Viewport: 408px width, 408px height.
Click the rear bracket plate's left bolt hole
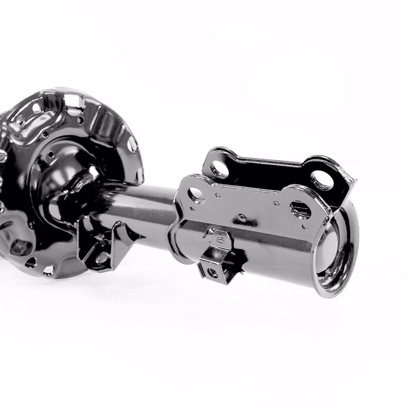tap(220, 170)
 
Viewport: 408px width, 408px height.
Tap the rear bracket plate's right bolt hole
tap(322, 180)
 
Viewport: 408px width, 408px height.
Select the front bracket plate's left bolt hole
tap(196, 195)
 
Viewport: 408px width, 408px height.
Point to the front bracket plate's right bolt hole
tap(301, 210)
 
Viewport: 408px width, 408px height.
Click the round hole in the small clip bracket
tap(212, 272)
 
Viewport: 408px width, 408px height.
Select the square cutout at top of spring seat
tap(73, 101)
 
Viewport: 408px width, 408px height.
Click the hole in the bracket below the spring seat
tap(102, 258)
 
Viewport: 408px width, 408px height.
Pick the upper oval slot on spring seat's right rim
tap(132, 145)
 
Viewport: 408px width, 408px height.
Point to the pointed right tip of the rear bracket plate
tap(354, 181)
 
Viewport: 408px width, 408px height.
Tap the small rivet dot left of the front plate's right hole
tap(276, 204)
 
